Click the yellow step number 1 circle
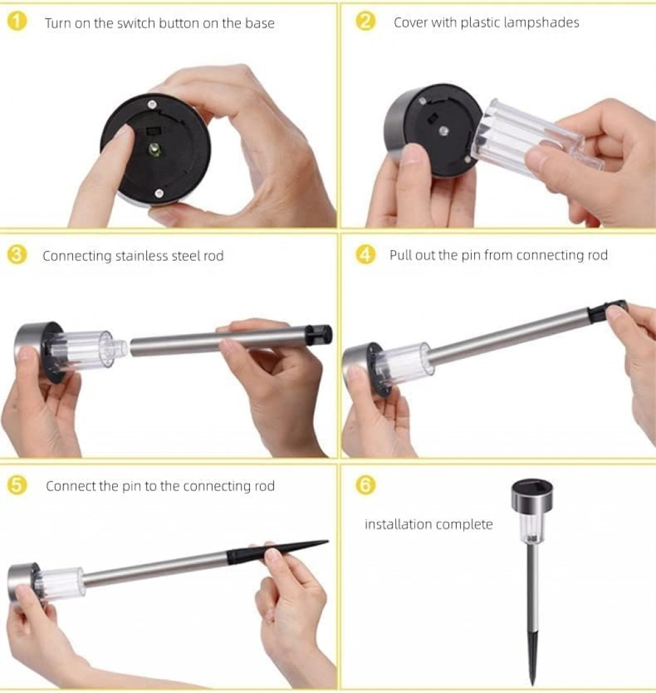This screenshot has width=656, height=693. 17,22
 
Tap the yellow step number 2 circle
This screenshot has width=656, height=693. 366,21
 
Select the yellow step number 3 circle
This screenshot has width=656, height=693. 17,255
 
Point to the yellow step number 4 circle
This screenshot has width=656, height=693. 366,255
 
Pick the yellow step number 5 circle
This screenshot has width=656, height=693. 17,485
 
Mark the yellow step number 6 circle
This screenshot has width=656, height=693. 366,485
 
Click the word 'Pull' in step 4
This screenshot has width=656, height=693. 400,255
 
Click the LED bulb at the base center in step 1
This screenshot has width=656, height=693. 154,149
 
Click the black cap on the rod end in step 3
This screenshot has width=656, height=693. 319,335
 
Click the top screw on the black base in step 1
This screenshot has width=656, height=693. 152,104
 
